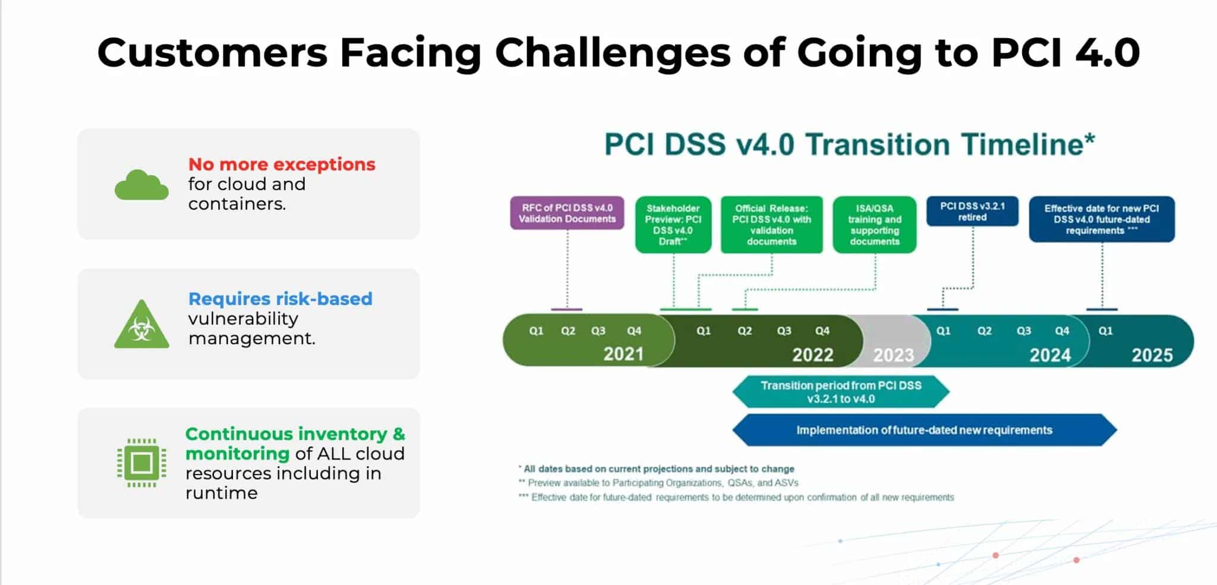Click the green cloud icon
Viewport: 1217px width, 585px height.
(x=141, y=185)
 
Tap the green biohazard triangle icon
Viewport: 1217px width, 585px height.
(x=141, y=325)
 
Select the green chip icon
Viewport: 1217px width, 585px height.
(x=141, y=463)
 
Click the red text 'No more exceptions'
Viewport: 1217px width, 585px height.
(x=282, y=164)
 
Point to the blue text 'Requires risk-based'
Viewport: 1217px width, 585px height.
(x=280, y=298)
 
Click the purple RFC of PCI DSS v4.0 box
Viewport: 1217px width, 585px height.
(x=567, y=213)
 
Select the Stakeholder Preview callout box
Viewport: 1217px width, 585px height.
(x=673, y=225)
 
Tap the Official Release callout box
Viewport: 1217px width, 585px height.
(x=771, y=225)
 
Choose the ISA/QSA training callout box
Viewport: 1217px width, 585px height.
(x=875, y=225)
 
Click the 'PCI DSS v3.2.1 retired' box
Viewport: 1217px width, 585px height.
(x=972, y=212)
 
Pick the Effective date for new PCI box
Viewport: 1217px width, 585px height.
(x=1102, y=219)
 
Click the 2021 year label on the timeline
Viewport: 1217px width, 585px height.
(x=623, y=354)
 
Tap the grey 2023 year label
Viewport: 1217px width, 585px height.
(x=893, y=356)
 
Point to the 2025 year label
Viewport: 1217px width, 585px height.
(x=1152, y=356)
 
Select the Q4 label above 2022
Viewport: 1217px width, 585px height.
(x=822, y=331)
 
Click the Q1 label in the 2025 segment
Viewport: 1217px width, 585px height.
(x=1105, y=331)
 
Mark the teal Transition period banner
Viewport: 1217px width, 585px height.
(x=841, y=392)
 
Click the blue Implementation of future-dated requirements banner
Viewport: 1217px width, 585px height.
(x=924, y=430)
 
